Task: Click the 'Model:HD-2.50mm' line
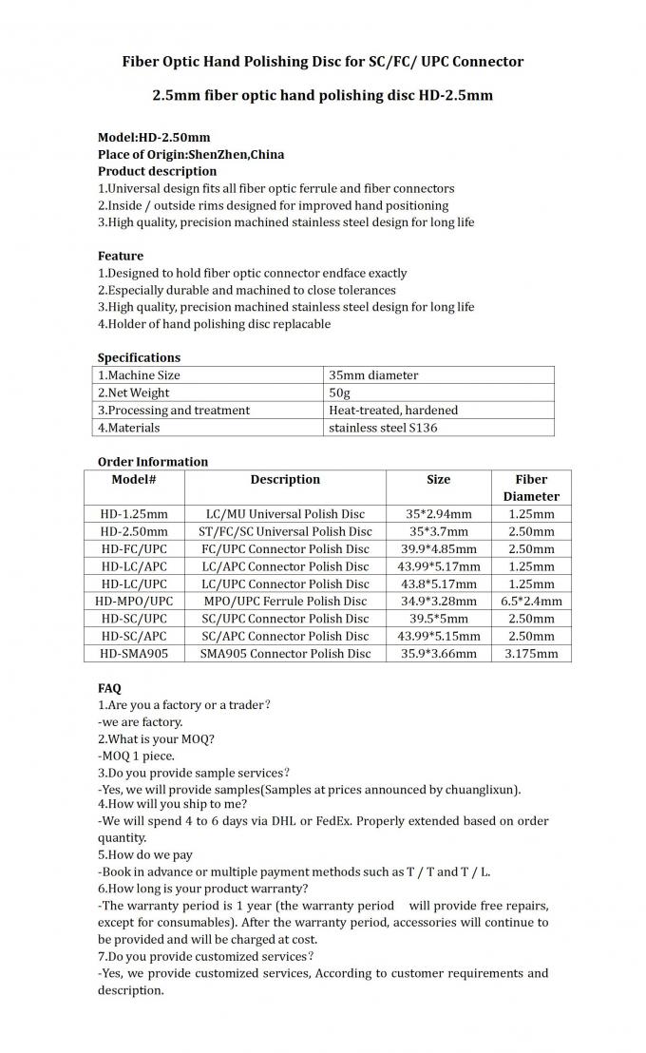pyautogui.click(x=154, y=137)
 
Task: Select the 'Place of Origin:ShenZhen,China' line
pyautogui.click(x=190, y=154)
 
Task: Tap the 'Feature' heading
pyautogui.click(x=121, y=256)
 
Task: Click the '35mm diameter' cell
pyautogui.click(x=372, y=375)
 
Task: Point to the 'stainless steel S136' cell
pyautogui.click(x=383, y=428)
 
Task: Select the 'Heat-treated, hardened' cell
pyautogui.click(x=392, y=411)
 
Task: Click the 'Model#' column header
pyautogui.click(x=133, y=480)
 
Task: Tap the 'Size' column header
pyautogui.click(x=438, y=480)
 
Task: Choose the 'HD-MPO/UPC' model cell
pyautogui.click(x=134, y=601)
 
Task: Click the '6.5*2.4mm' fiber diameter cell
pyautogui.click(x=531, y=601)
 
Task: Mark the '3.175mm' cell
pyautogui.click(x=531, y=653)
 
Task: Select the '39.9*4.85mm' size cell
pyautogui.click(x=438, y=549)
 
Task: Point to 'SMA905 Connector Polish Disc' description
pyautogui.click(x=285, y=653)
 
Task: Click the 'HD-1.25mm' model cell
pyautogui.click(x=134, y=514)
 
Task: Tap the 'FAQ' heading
pyautogui.click(x=109, y=687)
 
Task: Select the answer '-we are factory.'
pyautogui.click(x=140, y=721)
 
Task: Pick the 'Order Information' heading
pyautogui.click(x=152, y=462)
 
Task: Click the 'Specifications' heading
pyautogui.click(x=139, y=358)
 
